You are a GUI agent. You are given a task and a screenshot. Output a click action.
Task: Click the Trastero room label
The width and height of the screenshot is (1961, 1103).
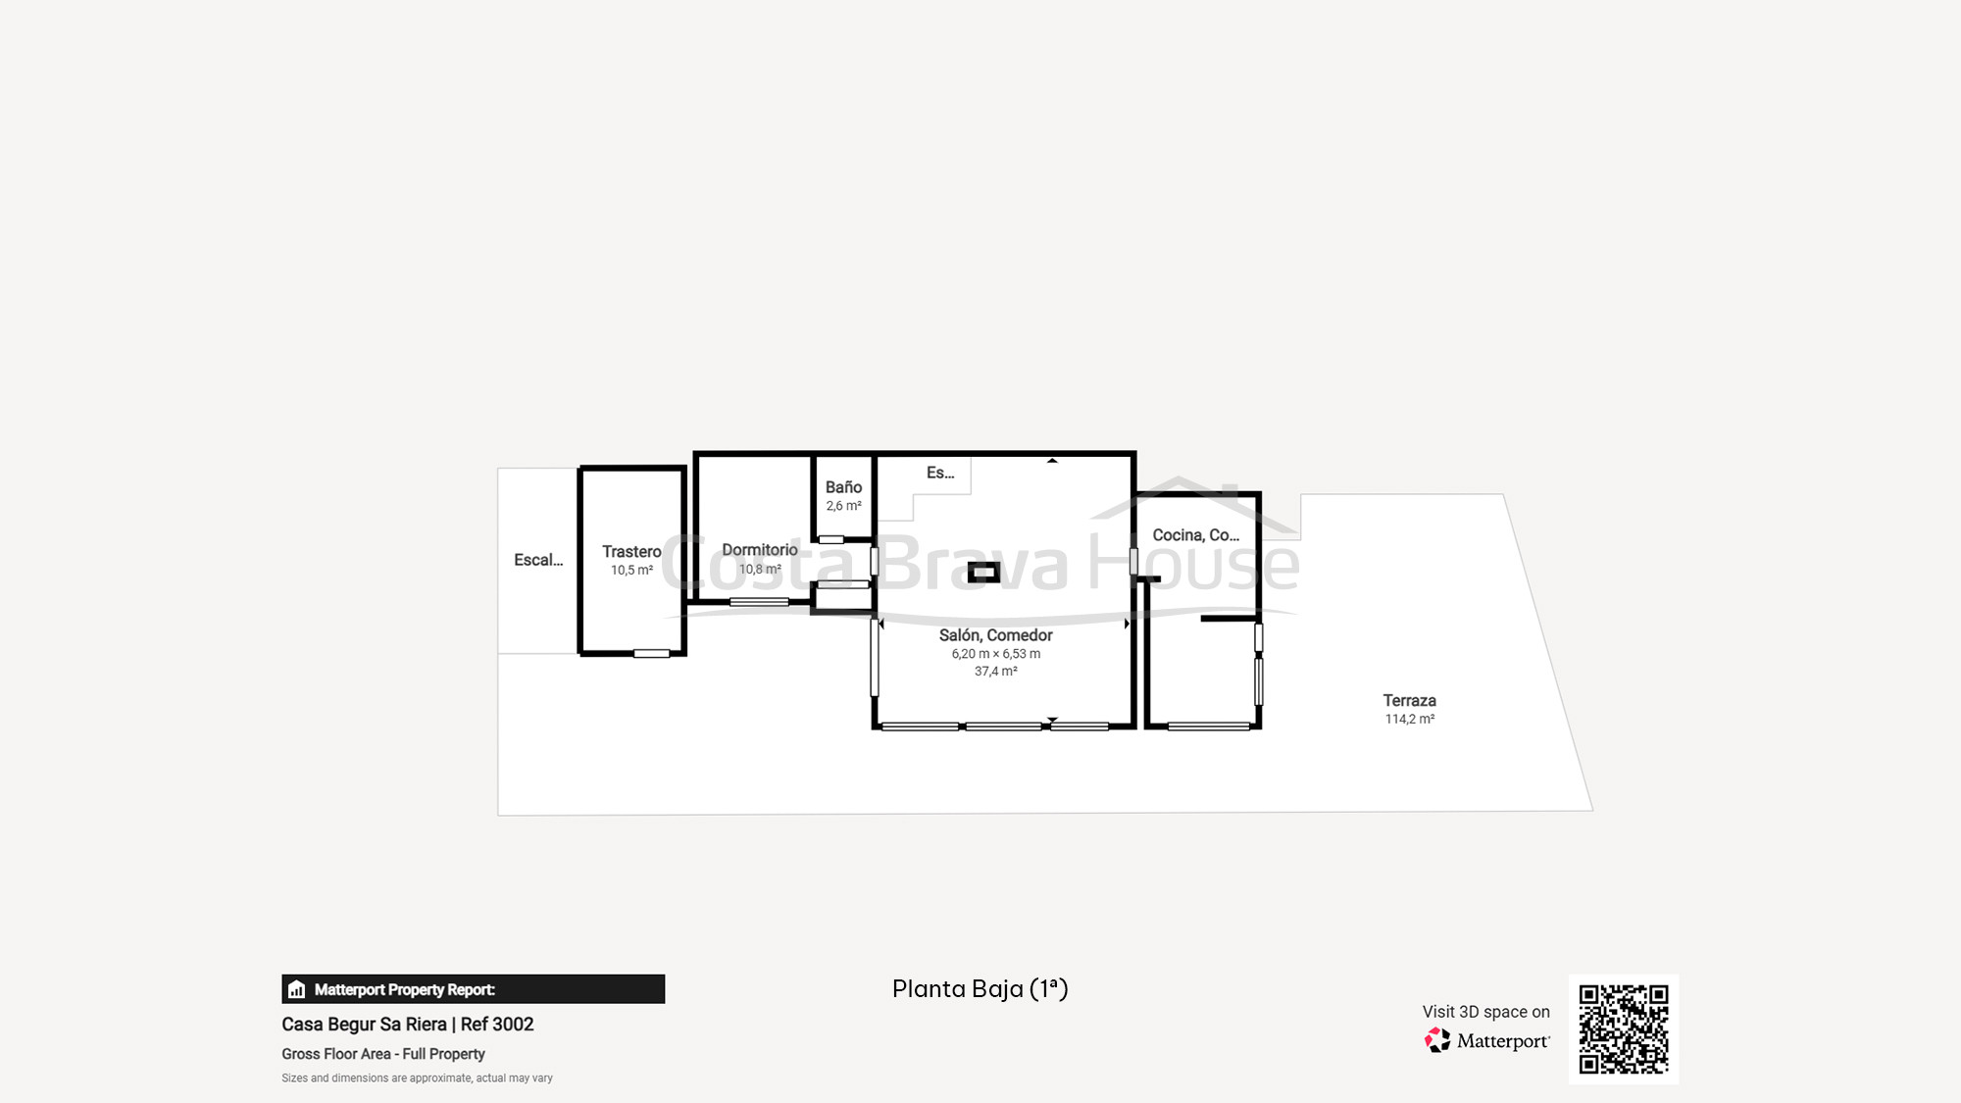[x=631, y=552]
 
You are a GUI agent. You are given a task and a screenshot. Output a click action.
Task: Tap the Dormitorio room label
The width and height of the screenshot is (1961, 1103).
[x=760, y=550]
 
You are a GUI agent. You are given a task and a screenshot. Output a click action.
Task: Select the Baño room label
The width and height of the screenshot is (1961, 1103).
[x=843, y=487]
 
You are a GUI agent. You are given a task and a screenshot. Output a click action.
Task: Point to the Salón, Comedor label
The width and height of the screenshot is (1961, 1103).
[x=995, y=635]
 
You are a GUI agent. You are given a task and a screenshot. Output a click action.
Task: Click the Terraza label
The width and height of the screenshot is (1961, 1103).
[x=1409, y=701]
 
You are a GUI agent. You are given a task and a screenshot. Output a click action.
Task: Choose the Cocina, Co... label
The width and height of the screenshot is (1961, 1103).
[x=1195, y=535]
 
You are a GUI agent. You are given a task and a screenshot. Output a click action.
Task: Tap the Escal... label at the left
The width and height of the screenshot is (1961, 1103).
[x=538, y=560]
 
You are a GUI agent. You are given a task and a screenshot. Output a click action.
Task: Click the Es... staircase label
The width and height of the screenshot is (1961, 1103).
[x=940, y=473]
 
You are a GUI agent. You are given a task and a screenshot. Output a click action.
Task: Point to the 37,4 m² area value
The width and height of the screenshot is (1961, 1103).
[x=995, y=672]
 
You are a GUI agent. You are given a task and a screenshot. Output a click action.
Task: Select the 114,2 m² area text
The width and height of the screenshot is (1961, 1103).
[x=1409, y=720]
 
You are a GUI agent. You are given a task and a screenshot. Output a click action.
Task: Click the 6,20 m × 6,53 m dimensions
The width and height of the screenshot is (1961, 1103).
[x=995, y=654]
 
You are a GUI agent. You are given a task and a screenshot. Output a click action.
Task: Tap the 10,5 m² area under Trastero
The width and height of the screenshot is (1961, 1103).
[x=631, y=571]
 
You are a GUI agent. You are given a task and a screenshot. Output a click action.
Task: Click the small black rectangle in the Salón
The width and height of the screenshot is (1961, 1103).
[x=983, y=573]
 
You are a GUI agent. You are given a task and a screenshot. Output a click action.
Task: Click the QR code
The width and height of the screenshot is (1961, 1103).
[x=1624, y=1029]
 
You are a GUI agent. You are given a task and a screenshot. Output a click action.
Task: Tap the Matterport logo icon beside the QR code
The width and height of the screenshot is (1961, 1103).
[x=1437, y=1040]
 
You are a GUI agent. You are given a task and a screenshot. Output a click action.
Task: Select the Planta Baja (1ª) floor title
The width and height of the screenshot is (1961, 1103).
[x=980, y=988]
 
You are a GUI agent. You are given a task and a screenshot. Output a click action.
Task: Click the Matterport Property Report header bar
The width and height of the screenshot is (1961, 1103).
[x=473, y=989]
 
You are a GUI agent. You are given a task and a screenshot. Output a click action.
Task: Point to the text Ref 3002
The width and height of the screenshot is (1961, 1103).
[x=497, y=1025]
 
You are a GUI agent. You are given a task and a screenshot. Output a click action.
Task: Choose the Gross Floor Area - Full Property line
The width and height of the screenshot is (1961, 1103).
[x=383, y=1054]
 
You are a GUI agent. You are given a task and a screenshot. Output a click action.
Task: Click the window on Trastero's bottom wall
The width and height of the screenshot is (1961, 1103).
[x=651, y=654]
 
